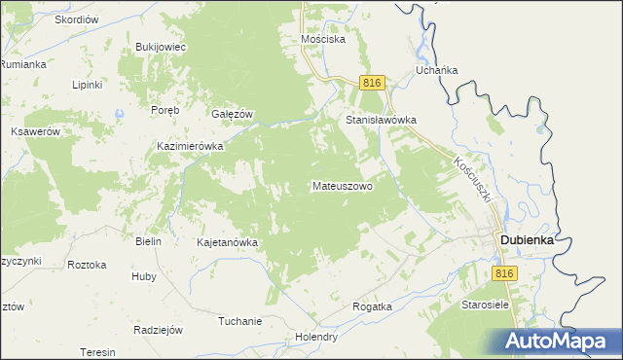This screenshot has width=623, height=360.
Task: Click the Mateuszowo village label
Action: [x=343, y=185]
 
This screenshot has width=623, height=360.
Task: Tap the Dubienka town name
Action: [x=533, y=239]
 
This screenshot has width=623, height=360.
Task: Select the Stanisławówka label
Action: [x=382, y=121]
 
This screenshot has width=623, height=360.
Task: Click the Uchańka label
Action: [x=437, y=70]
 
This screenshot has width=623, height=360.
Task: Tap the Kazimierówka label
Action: [x=191, y=146]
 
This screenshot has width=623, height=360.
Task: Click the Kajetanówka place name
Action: [x=226, y=242]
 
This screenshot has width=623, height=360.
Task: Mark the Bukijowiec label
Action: [x=161, y=47]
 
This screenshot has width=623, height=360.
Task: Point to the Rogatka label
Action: [x=372, y=306]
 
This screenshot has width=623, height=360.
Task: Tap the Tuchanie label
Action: [x=240, y=321]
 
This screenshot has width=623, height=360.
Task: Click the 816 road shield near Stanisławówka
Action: [x=371, y=84]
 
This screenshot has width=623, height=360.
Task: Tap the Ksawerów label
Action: [x=35, y=131]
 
